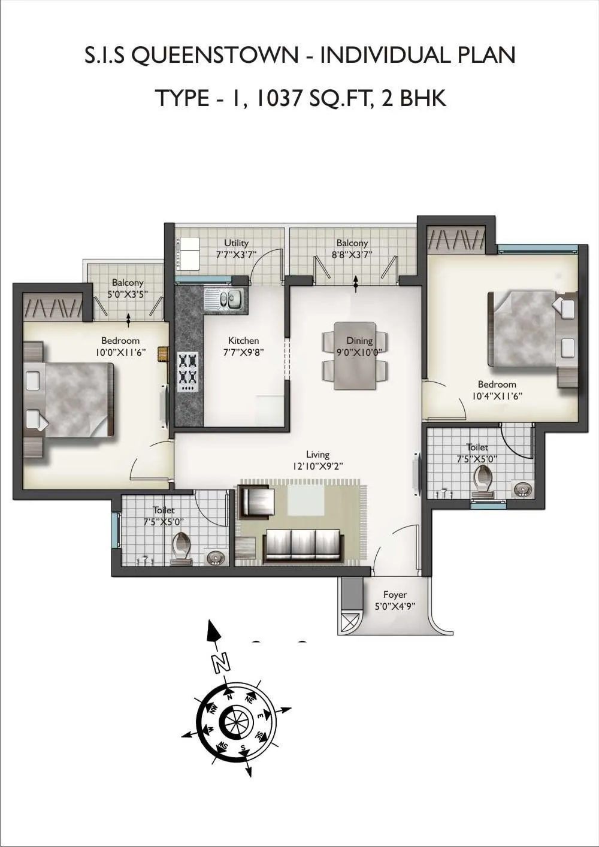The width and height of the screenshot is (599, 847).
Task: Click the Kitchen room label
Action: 243,340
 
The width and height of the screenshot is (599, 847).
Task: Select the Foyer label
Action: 395,594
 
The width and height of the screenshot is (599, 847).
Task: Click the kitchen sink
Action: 224,298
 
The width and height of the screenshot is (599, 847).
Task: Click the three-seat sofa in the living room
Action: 302,544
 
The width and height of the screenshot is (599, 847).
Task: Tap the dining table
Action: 355,355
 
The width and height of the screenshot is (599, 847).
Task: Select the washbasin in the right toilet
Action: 523,489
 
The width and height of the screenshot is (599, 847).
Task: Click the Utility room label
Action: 236,243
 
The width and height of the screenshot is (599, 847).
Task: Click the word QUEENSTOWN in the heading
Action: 214,55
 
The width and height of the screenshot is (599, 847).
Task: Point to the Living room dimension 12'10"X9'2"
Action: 317,465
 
